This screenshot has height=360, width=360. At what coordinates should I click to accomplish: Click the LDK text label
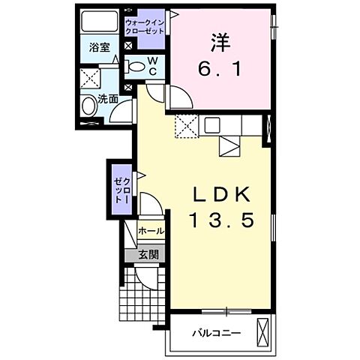click(x=222, y=193)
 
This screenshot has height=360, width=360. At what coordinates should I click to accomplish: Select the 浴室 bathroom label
click(x=100, y=47)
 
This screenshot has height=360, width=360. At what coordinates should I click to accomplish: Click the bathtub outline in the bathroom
click(x=99, y=23)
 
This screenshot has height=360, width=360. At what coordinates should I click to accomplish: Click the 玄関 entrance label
click(x=148, y=254)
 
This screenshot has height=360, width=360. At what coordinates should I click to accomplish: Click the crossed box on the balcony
click(x=263, y=331)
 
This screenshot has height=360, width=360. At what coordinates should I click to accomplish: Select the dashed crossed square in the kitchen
click(x=185, y=127)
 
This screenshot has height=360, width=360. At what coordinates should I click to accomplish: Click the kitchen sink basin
click(x=211, y=124)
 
